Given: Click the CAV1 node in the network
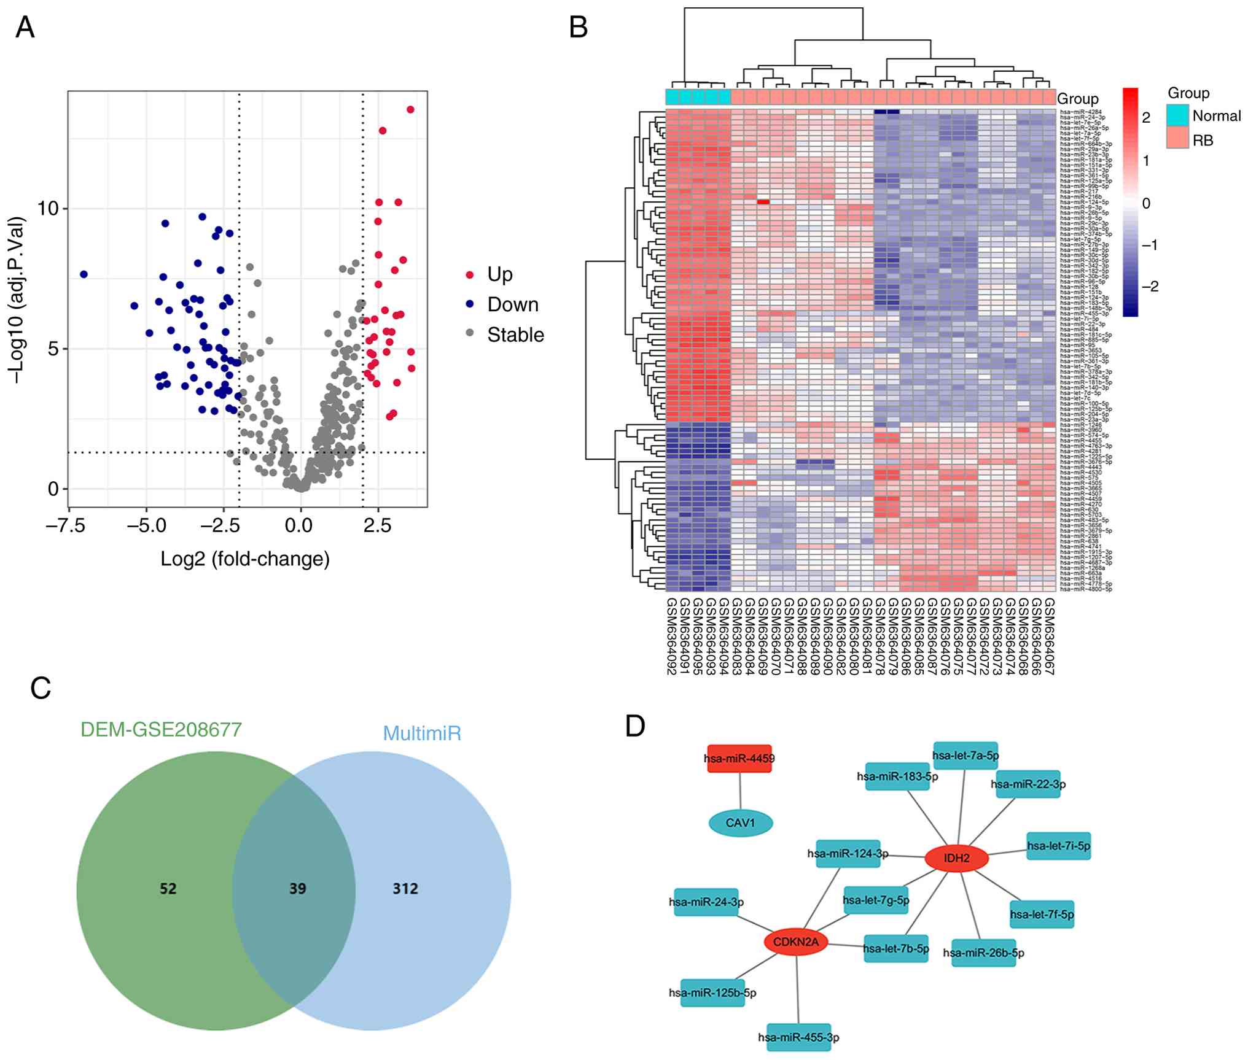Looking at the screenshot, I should click(740, 823).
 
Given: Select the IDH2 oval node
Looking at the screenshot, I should click(956, 858).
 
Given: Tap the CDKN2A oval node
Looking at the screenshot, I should click(795, 942).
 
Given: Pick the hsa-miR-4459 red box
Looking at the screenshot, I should click(739, 759).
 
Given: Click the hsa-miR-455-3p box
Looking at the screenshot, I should click(798, 1037).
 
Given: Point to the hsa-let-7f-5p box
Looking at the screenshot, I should click(1042, 915).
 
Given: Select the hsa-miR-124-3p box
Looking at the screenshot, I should click(848, 854).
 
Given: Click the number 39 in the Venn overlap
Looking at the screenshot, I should click(297, 889).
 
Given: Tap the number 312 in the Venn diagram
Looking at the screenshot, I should click(405, 889).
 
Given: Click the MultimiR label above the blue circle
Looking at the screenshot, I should click(422, 733).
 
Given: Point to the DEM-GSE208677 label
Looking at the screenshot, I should click(161, 730).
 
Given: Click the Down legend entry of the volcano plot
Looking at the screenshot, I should click(512, 304).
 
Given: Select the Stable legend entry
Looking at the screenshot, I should click(515, 335).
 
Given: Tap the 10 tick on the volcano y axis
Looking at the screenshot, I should click(48, 209).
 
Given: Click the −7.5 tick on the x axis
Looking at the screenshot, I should click(64, 526).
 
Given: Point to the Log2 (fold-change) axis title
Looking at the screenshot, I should click(245, 559).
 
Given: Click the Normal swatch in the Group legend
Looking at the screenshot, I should click(1177, 116).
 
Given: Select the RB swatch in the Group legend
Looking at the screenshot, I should click(1177, 140).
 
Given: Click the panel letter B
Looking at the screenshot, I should click(579, 27).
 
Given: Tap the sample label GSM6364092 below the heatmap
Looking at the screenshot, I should click(671, 637).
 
